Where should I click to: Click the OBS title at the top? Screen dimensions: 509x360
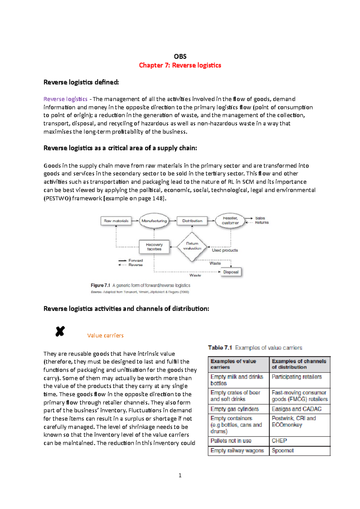[180, 57]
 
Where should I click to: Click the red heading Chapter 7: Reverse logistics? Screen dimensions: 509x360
[180, 65]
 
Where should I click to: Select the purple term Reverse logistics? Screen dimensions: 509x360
[65, 99]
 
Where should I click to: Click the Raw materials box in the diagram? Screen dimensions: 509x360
[116, 221]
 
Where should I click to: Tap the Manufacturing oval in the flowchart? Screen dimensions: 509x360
[154, 221]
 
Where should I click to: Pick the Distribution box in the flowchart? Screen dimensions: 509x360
[192, 221]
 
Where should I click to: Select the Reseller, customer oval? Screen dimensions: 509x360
[230, 221]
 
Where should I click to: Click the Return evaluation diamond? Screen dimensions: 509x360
[192, 246]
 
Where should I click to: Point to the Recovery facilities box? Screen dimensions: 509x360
[154, 247]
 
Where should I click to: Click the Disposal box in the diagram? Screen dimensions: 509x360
[231, 272]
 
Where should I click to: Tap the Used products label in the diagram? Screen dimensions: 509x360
[225, 250]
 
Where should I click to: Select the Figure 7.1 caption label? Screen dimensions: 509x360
[100, 285]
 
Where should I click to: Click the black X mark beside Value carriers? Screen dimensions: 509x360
[60, 331]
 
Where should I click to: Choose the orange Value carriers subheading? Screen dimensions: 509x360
[105, 335]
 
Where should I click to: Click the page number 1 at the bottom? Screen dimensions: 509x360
[180, 475]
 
